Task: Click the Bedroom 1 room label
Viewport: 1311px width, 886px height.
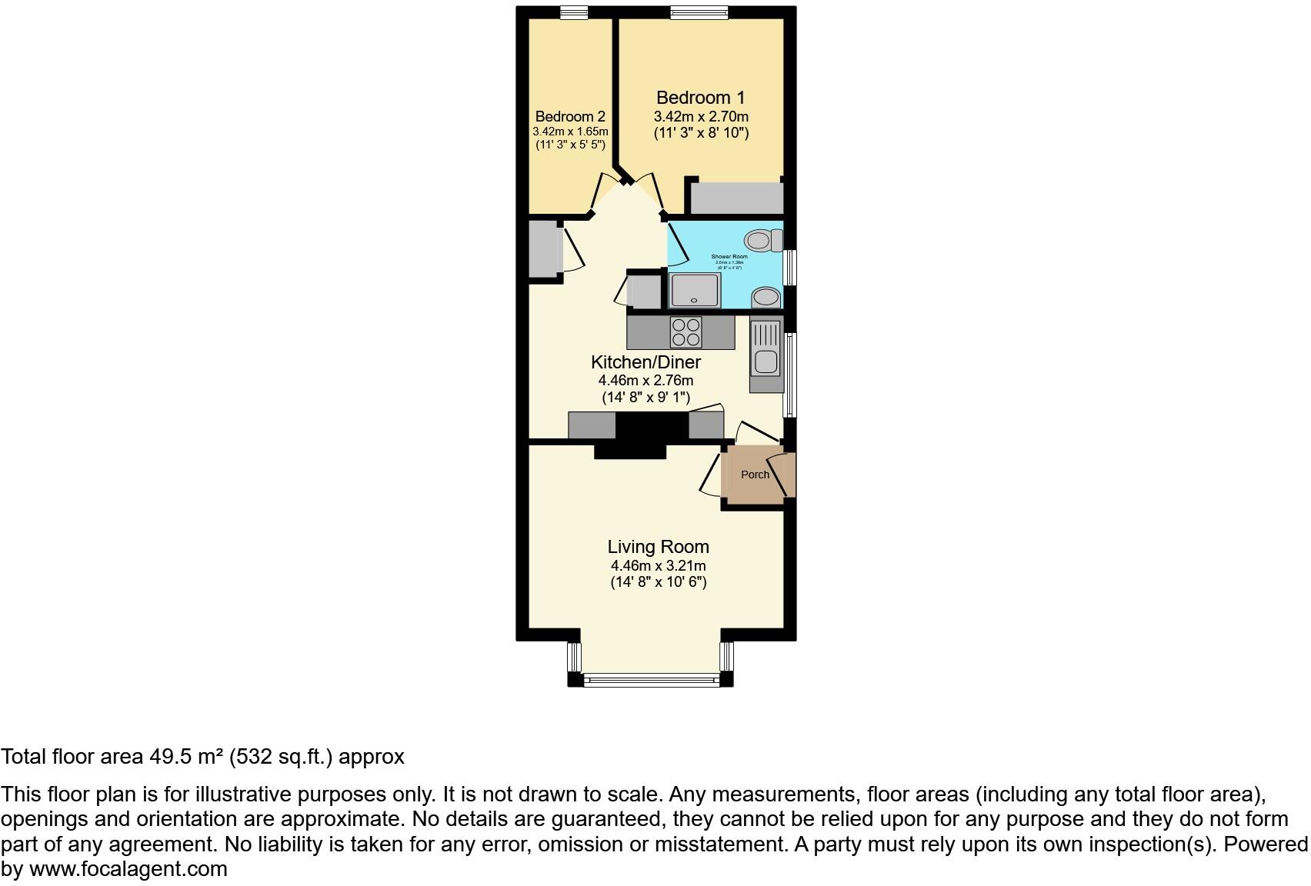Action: (x=700, y=98)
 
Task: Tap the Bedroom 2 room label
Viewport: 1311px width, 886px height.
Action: (x=570, y=116)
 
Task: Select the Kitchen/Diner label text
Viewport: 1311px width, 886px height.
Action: (x=645, y=362)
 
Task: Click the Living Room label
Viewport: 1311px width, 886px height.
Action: (x=658, y=547)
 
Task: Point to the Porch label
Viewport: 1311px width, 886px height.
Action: (x=755, y=475)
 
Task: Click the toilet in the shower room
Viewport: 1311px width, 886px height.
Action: (x=762, y=241)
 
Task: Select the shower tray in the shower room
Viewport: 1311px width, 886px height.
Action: (x=695, y=291)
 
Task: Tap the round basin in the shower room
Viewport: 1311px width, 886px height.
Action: (x=766, y=297)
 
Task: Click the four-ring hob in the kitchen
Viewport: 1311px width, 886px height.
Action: (x=686, y=332)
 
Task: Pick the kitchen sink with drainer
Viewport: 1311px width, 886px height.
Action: (x=766, y=353)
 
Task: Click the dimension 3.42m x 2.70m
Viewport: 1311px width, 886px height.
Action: (x=701, y=117)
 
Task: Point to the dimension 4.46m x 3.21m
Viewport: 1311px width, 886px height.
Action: (x=658, y=566)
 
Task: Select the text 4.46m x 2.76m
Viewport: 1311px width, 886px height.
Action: (x=645, y=381)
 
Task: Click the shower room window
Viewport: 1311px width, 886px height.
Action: (x=789, y=268)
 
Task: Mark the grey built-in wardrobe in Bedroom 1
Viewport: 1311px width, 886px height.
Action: (x=736, y=198)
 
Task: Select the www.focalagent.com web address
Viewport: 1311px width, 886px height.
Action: (x=128, y=869)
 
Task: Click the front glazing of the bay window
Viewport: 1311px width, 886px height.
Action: (x=651, y=679)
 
